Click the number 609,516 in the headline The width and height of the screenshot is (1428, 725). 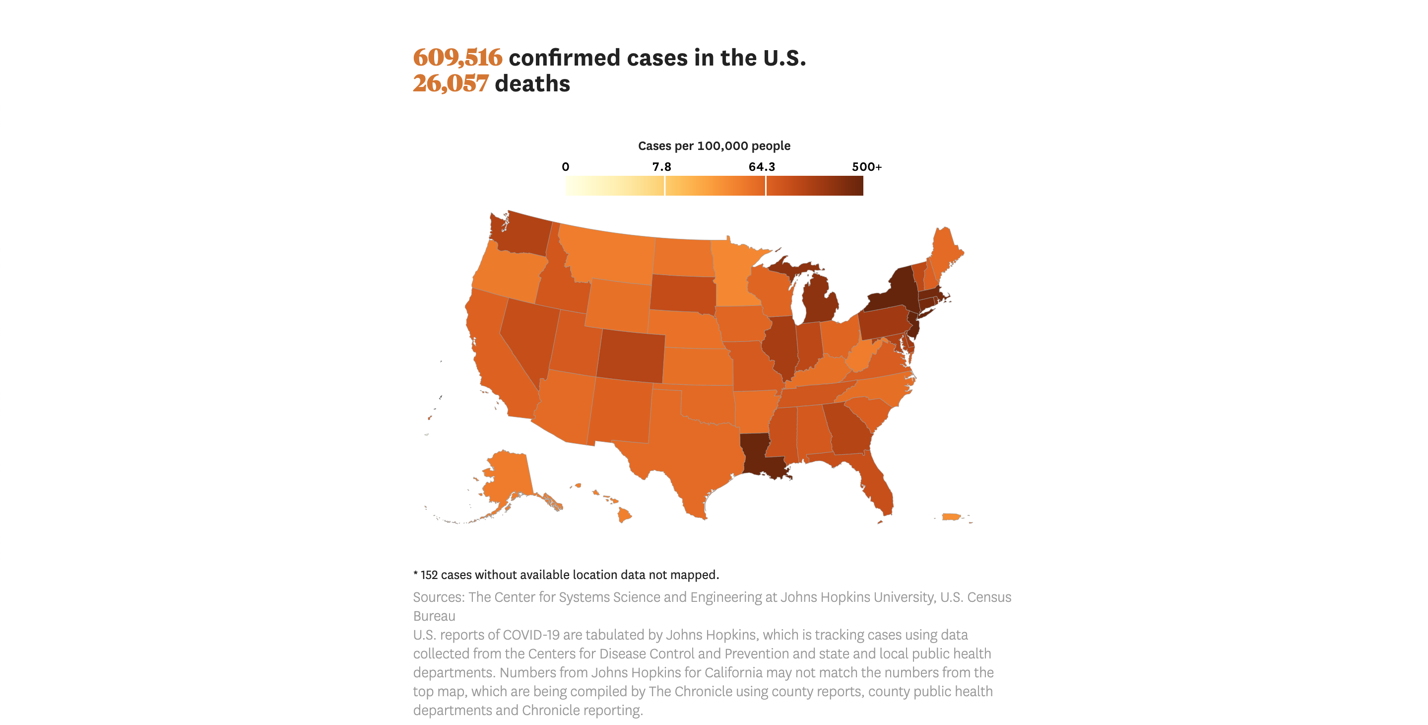(x=457, y=58)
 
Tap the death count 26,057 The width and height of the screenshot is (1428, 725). (x=451, y=84)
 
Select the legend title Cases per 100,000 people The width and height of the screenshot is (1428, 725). (x=714, y=146)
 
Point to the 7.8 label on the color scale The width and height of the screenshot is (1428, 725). (x=661, y=167)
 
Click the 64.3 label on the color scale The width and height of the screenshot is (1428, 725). (x=762, y=167)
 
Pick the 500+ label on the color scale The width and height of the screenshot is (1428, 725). (x=866, y=167)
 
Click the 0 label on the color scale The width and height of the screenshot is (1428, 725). (x=566, y=167)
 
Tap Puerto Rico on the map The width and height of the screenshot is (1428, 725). (x=951, y=517)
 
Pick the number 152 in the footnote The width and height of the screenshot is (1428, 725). (x=429, y=575)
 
